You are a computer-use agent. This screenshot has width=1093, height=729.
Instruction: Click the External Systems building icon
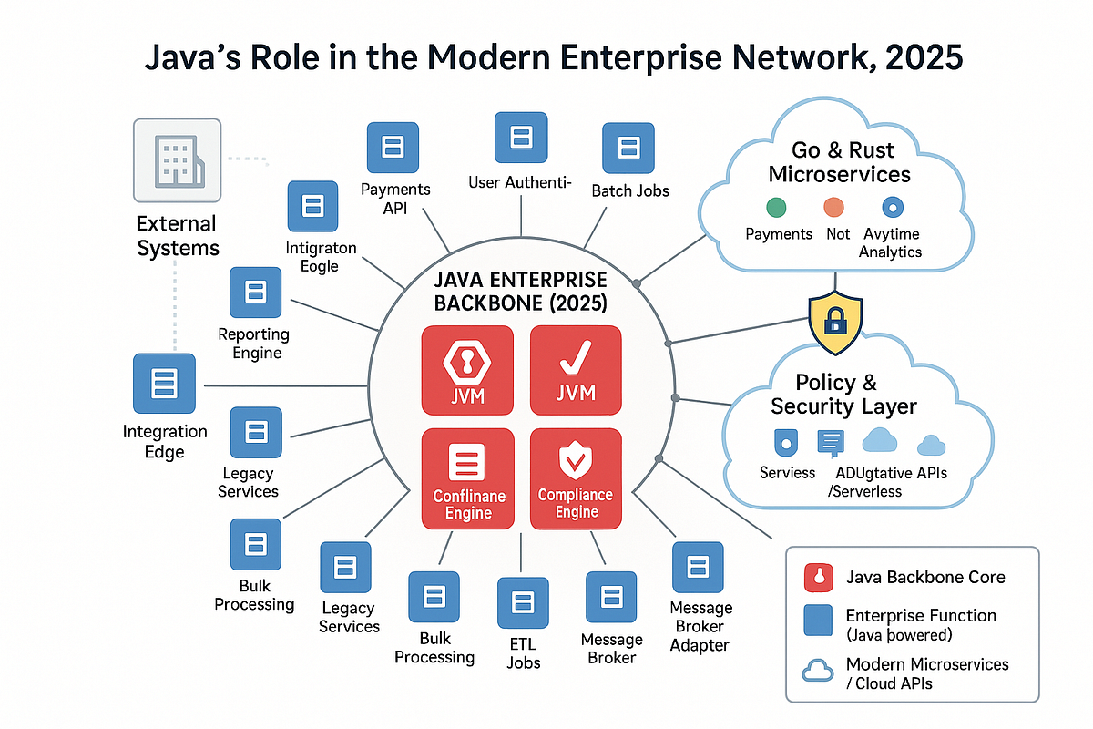[x=178, y=159]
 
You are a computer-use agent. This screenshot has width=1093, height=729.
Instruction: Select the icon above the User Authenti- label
[x=520, y=138]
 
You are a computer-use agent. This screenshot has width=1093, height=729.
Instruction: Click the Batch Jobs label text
[x=630, y=190]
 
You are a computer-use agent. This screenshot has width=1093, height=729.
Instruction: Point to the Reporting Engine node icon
[x=256, y=293]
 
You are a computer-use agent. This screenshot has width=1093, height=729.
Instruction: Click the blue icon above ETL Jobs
[x=523, y=602]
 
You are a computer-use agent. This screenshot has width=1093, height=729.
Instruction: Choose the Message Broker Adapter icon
[x=699, y=567]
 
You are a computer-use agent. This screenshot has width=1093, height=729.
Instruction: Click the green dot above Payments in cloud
[x=777, y=206]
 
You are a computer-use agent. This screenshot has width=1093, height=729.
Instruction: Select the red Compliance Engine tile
[x=576, y=478]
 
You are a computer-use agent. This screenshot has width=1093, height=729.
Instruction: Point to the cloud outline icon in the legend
[x=815, y=673]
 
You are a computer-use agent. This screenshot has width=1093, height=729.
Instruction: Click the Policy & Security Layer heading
[x=843, y=394]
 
